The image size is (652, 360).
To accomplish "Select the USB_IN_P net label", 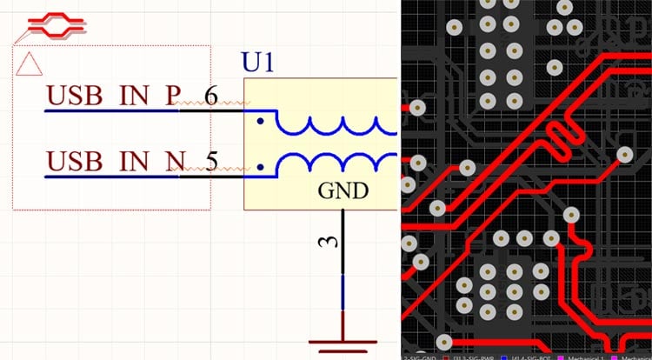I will pyautogui.click(x=111, y=94).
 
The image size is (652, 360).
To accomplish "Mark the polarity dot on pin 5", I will pyautogui.click(x=260, y=165).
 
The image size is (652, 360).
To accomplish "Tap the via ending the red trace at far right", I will pyautogui.click(x=624, y=155).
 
